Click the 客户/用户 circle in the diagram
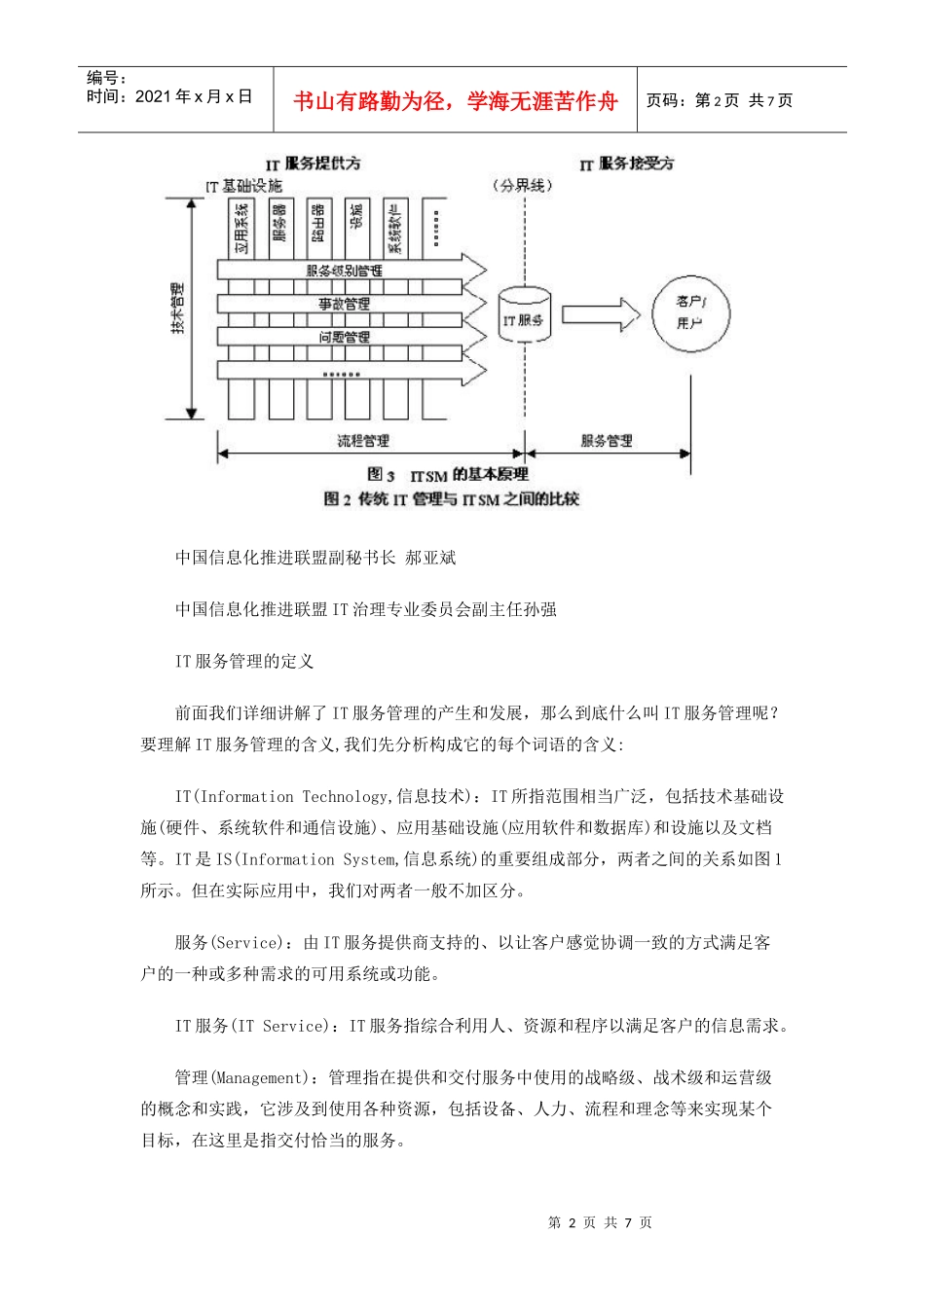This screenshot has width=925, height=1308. tap(690, 312)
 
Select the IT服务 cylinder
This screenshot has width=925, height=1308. tap(524, 315)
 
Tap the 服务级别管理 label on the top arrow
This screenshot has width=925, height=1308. tap(345, 271)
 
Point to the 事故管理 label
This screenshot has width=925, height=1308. tap(345, 305)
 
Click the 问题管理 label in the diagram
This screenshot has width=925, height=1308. tap(345, 338)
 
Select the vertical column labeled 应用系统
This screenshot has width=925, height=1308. tap(241, 228)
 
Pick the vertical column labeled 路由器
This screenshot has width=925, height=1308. tap(318, 228)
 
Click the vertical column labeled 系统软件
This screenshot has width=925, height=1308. tap(394, 228)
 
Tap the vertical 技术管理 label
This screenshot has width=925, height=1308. tap(177, 309)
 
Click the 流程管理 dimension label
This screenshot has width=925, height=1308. tap(363, 442)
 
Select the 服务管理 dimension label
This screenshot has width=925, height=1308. tap(607, 442)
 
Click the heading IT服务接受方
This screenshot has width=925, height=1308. tap(627, 163)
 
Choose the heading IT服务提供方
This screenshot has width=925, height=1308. tap(314, 163)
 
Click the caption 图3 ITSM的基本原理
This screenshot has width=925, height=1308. tap(448, 475)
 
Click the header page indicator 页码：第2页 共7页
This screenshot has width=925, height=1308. tap(720, 100)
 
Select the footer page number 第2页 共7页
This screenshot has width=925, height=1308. tap(600, 1222)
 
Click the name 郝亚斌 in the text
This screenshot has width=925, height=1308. tap(430, 558)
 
